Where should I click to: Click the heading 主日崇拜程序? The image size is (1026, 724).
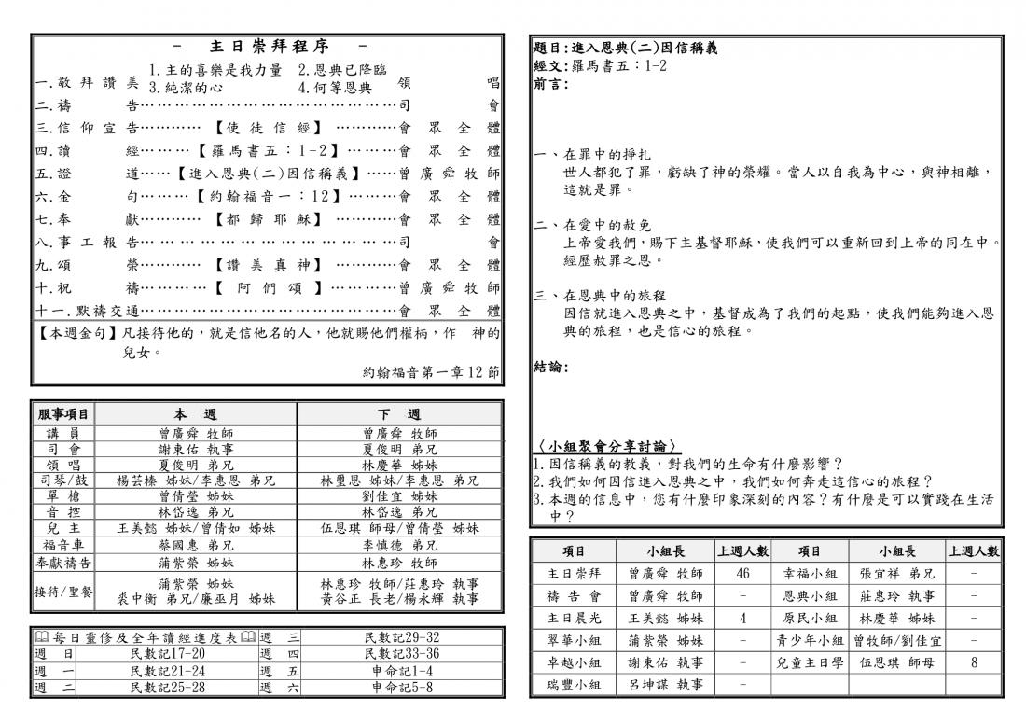pos(269,46)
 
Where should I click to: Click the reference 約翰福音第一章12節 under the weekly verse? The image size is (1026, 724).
pos(430,372)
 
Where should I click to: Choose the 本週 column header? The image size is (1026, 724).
pos(195,414)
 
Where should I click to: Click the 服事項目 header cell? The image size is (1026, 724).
pos(63,414)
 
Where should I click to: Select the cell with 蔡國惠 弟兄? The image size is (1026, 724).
pos(195,545)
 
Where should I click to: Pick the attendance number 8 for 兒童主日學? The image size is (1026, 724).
pos(974,662)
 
